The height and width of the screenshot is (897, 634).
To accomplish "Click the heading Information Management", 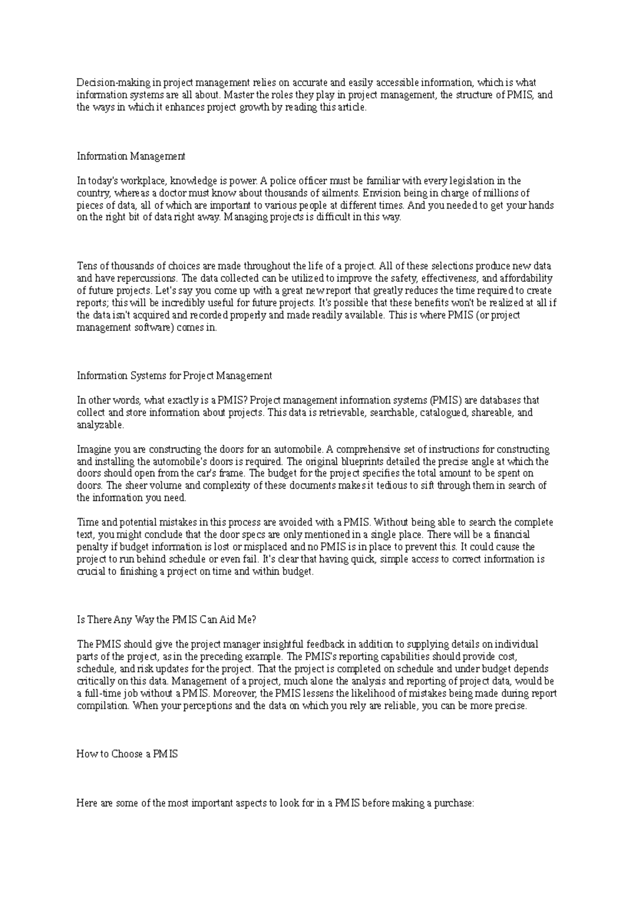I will [131, 156].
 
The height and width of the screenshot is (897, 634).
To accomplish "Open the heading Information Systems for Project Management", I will [174, 376].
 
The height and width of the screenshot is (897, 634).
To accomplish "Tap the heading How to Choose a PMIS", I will [127, 754].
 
